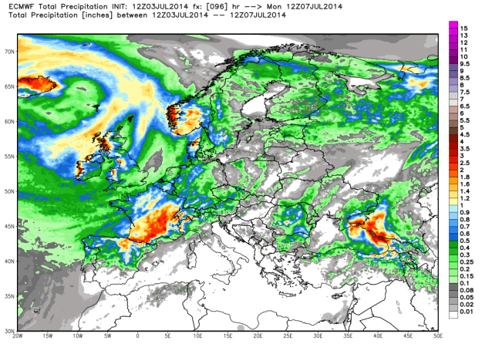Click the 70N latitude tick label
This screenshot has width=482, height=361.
click(x=9, y=52)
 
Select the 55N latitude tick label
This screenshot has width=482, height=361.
click(x=9, y=157)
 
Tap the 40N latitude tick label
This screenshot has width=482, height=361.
click(x=9, y=263)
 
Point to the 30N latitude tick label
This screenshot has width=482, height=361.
click(x=9, y=332)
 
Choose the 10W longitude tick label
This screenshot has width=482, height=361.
click(x=78, y=338)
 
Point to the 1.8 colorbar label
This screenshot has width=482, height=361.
click(x=466, y=186)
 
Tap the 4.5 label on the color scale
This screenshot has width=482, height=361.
click(x=466, y=135)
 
